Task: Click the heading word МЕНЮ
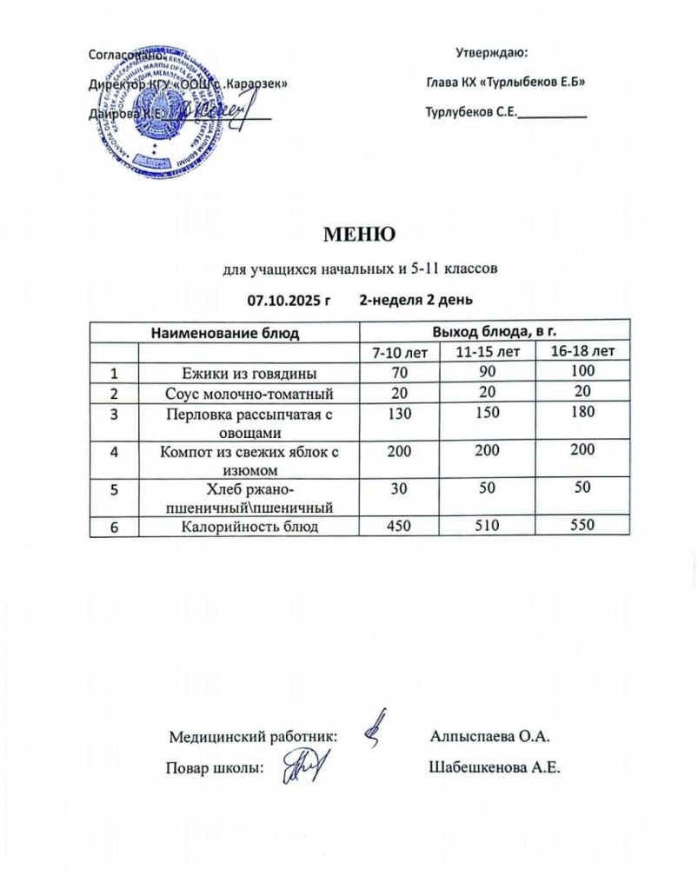[x=359, y=235]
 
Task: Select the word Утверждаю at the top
[x=488, y=54]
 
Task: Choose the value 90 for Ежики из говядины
[x=481, y=373]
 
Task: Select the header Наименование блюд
[x=225, y=332]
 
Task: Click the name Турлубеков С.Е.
[x=471, y=113]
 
